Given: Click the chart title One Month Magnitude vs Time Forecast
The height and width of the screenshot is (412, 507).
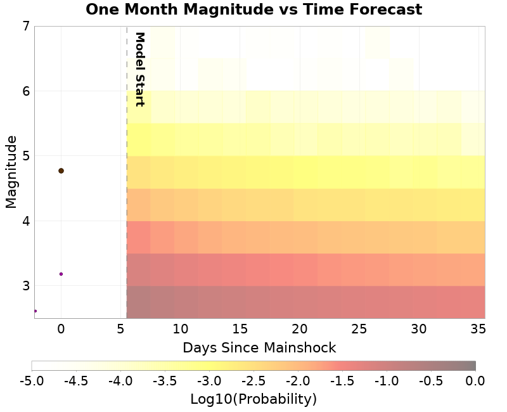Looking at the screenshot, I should click(253, 10).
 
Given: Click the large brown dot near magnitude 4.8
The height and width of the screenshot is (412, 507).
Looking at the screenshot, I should click(61, 171).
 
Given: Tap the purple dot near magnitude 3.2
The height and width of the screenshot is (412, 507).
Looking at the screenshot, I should click(61, 274).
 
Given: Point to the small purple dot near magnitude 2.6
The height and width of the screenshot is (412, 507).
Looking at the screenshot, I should click(35, 311).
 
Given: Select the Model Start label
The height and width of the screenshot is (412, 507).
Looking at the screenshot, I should click(140, 69).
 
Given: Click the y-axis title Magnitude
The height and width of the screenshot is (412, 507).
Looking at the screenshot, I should click(11, 172).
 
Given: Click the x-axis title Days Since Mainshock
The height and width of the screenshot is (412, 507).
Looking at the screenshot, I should click(259, 347).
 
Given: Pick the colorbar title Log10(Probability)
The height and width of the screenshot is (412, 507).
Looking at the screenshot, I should click(253, 399).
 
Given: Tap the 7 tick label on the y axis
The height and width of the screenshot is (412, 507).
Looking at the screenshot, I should click(25, 27).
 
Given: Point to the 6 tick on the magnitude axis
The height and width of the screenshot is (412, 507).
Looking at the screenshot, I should click(25, 91).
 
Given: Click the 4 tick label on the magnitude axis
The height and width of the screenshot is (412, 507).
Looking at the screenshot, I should click(25, 221).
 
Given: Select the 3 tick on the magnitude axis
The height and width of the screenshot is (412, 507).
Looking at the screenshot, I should click(25, 286).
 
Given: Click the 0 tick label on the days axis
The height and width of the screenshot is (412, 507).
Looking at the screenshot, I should click(61, 329).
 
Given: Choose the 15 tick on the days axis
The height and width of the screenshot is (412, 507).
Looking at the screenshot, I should click(240, 329).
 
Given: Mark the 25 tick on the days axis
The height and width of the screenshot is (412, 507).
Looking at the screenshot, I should click(359, 329).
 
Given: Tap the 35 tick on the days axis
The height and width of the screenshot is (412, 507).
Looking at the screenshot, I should click(479, 329).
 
